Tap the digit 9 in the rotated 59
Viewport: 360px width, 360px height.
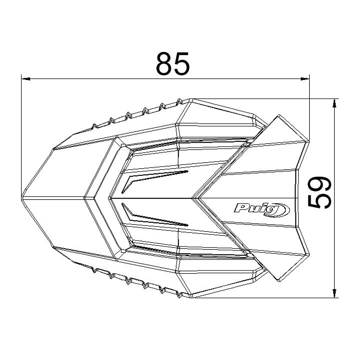[320, 185]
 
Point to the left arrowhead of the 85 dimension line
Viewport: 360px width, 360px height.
[25, 78]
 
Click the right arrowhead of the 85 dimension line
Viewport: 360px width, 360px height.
[305, 78]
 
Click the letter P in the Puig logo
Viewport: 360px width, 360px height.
[240, 208]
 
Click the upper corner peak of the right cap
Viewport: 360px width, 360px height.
[279, 116]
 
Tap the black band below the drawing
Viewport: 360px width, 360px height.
[180, 336]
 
